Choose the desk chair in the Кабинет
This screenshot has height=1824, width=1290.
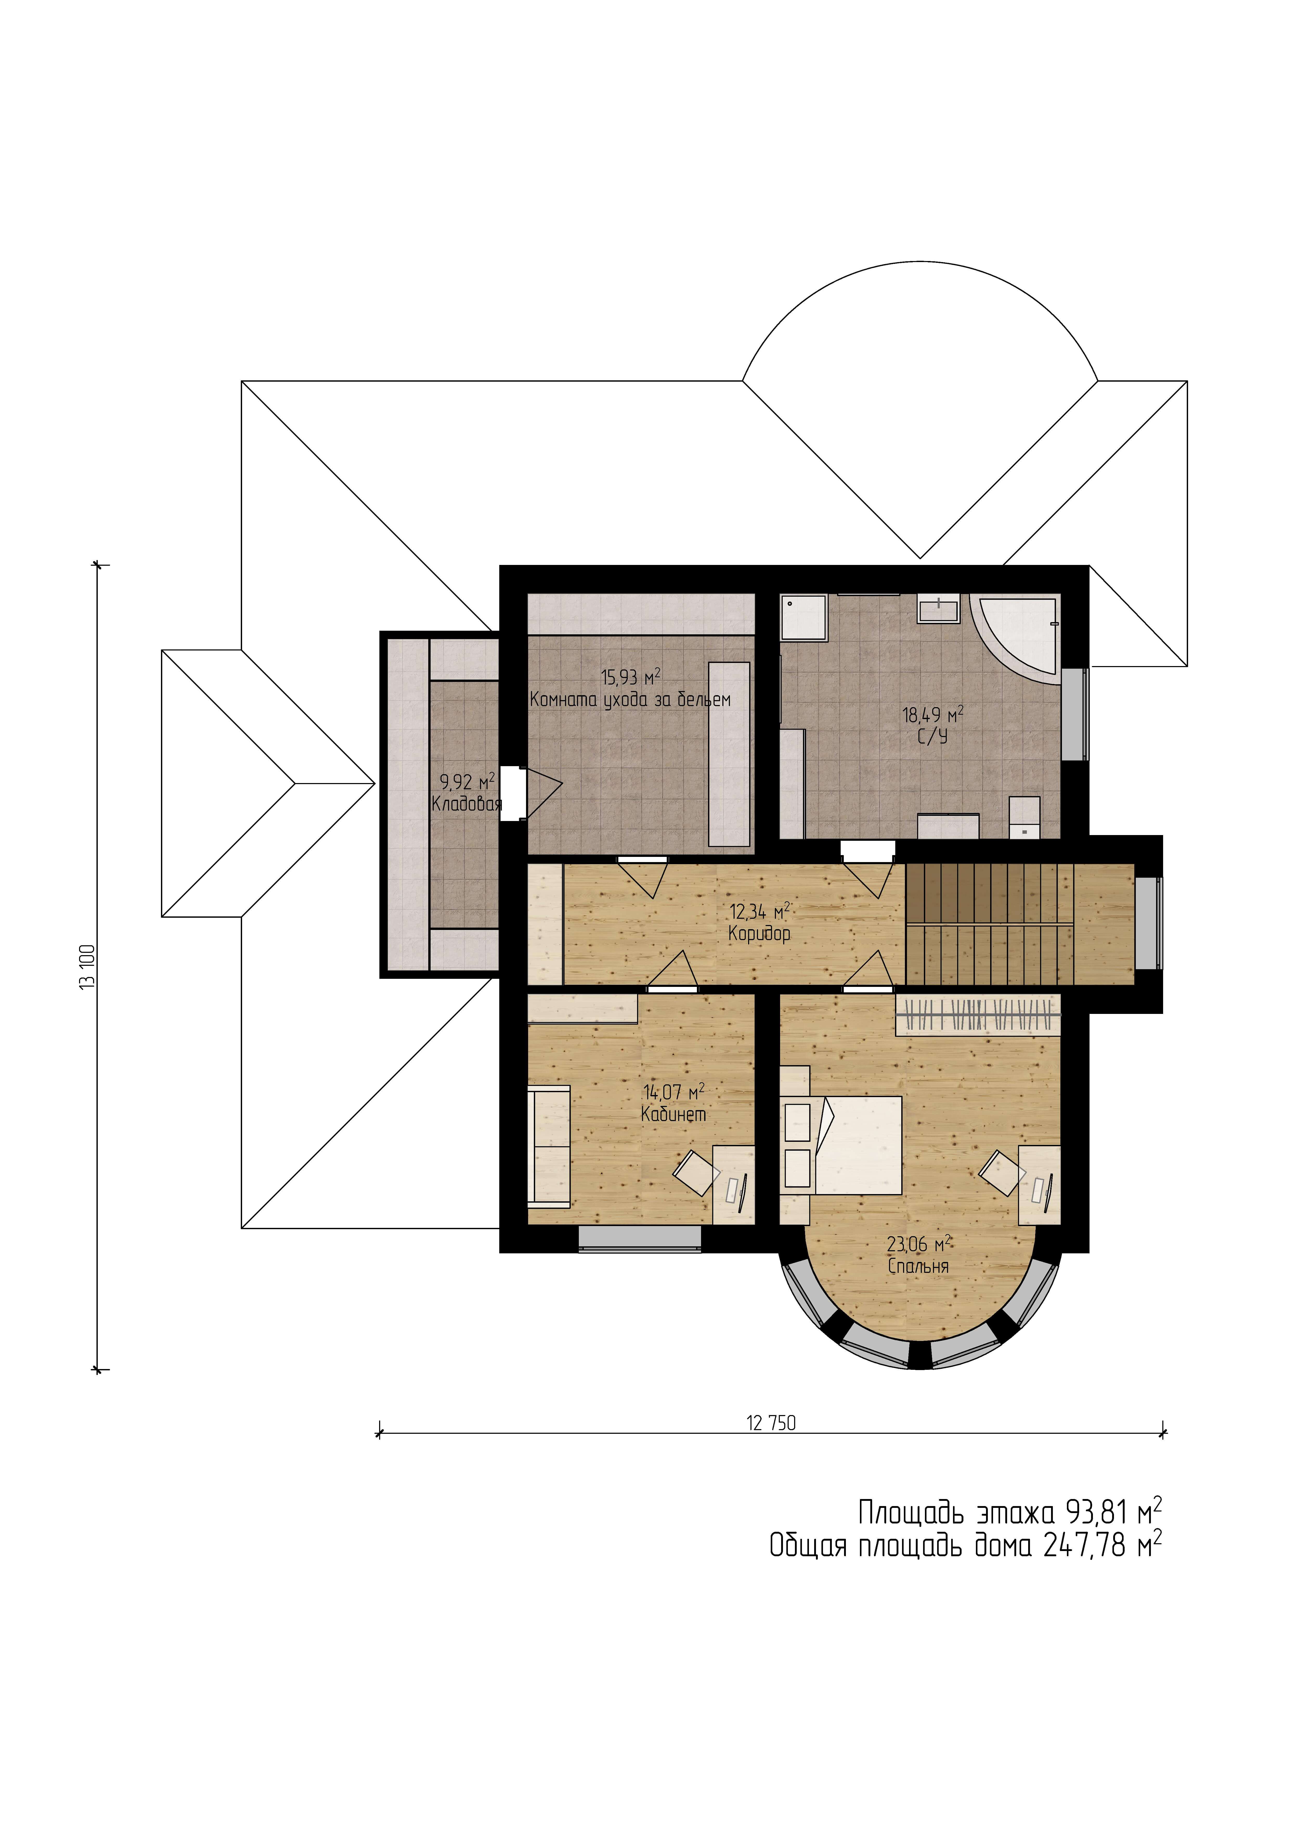point(697,1172)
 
